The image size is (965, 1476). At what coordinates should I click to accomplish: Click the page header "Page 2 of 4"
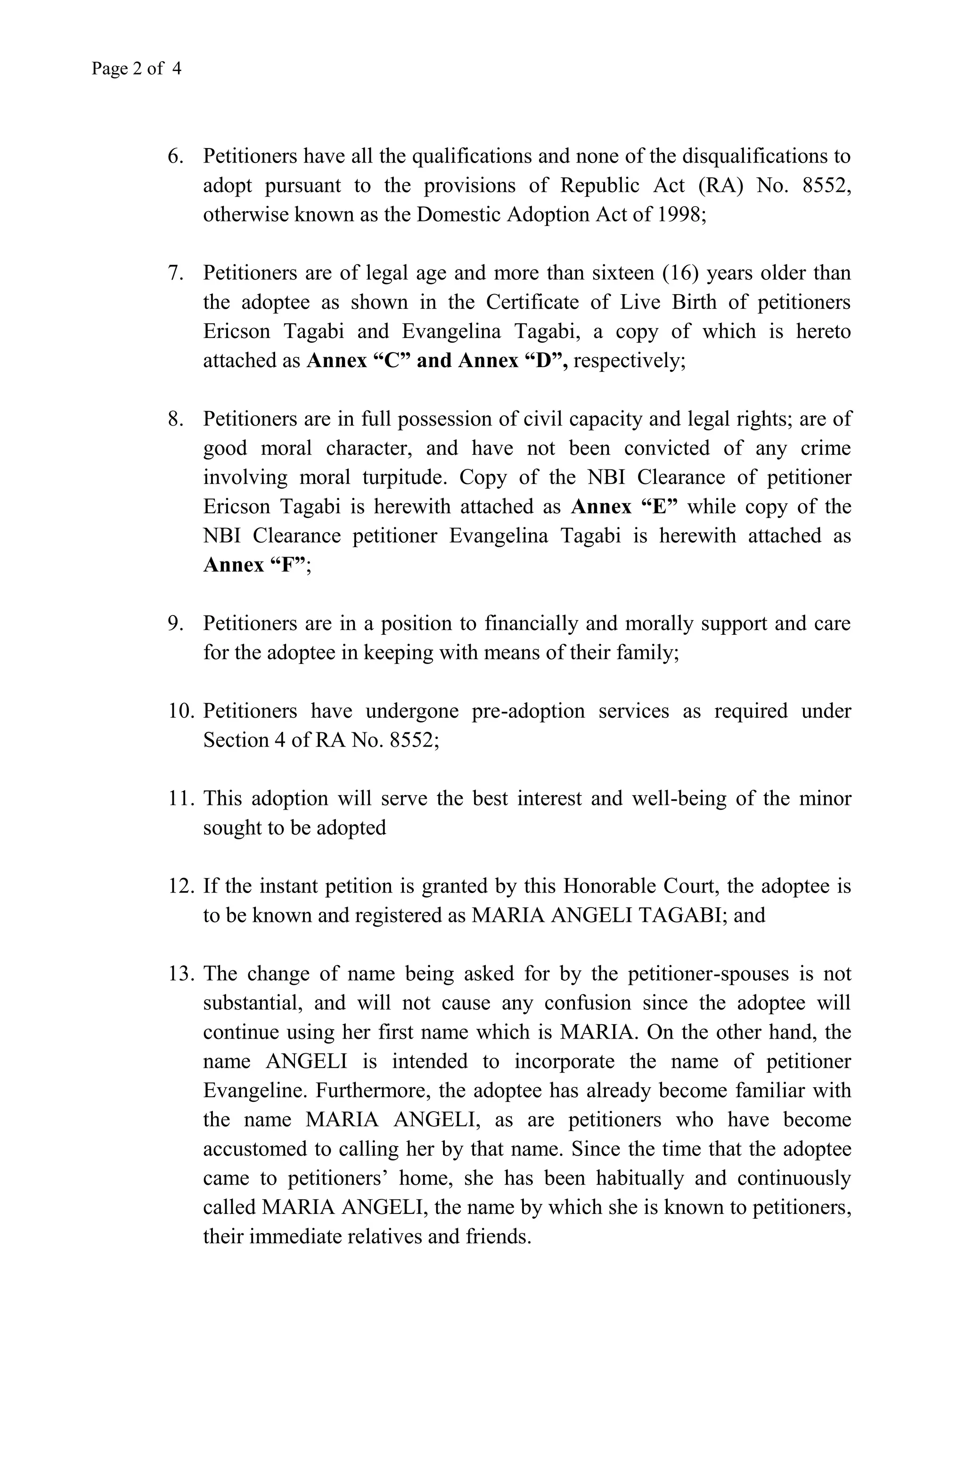click(x=137, y=68)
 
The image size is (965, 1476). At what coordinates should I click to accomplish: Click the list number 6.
click(x=175, y=156)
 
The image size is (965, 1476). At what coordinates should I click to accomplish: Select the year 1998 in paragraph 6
click(x=680, y=214)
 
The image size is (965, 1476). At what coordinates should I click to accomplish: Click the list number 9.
click(x=175, y=623)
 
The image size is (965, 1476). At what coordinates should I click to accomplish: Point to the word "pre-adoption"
click(x=528, y=711)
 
